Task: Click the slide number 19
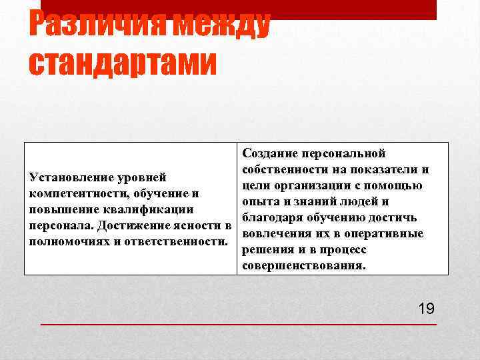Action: coord(426,308)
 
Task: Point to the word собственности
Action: coord(281,169)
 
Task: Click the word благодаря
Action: coord(271,218)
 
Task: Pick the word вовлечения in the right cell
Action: coord(271,234)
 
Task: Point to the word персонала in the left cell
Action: coord(56,225)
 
